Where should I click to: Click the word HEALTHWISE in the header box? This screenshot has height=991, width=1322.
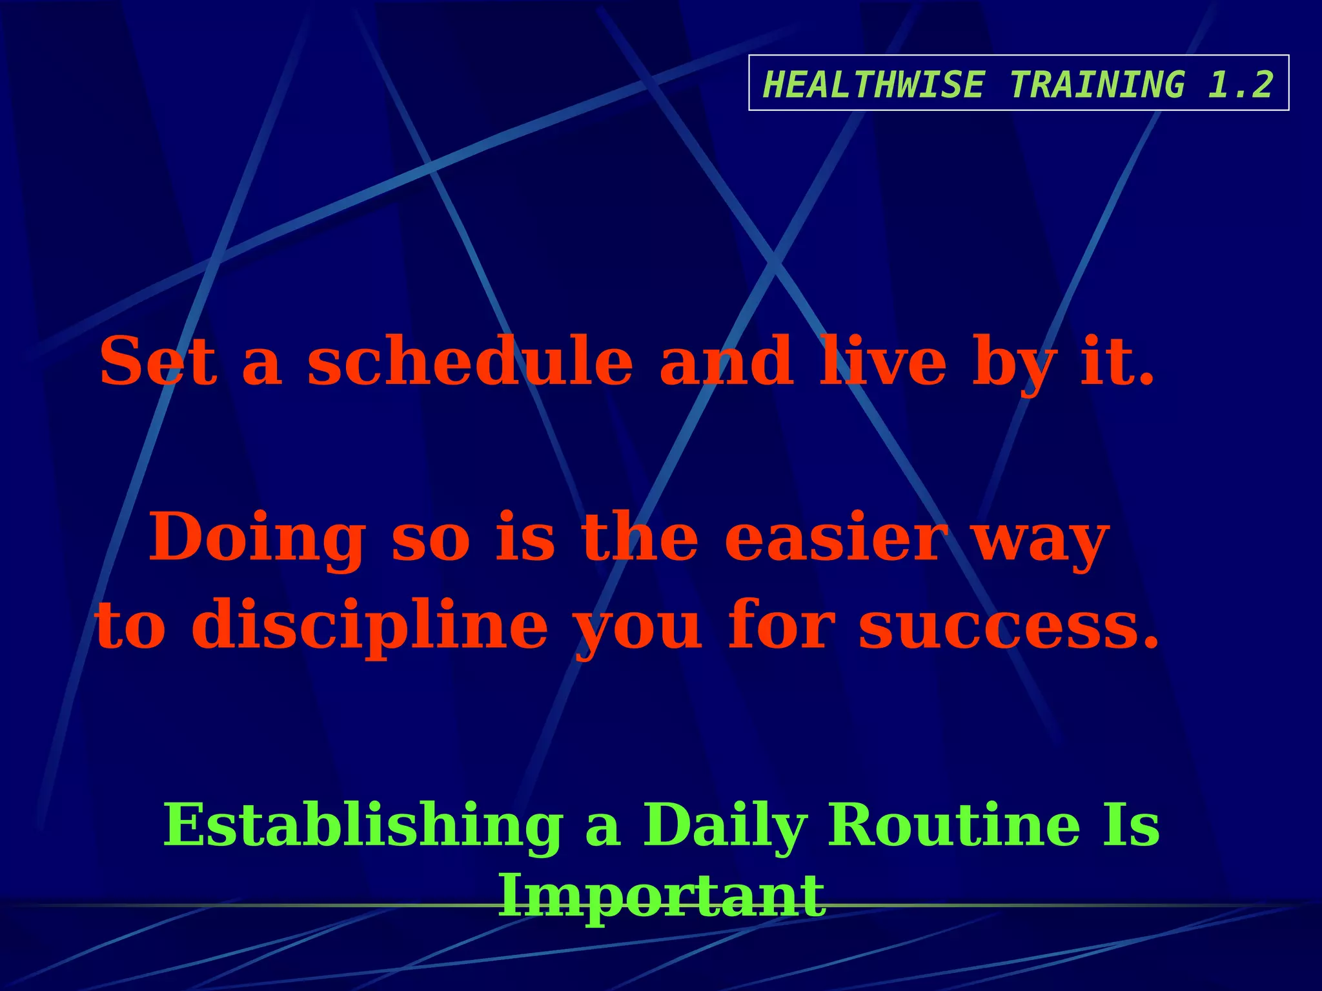873,85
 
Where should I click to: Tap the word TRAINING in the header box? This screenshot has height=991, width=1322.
1097,85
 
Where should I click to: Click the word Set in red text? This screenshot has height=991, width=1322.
158,362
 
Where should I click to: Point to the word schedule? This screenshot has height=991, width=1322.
469,362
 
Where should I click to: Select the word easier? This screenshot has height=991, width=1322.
836,537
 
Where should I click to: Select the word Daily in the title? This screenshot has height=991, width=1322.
724,826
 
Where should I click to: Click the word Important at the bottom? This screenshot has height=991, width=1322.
662,897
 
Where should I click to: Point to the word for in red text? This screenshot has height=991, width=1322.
780,625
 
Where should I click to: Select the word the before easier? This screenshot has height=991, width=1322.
639,537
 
